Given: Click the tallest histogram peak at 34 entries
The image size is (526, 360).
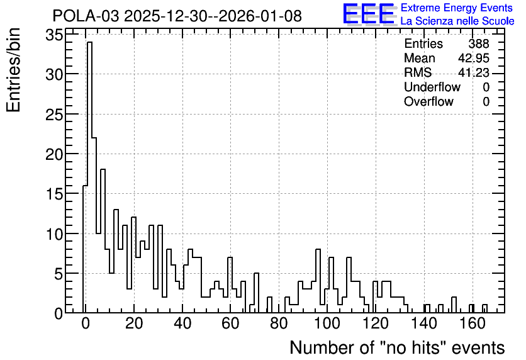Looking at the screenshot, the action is click(89, 42).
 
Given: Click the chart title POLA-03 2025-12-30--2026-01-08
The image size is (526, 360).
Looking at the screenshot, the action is click(177, 16).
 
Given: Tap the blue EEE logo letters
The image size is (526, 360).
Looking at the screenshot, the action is click(369, 14).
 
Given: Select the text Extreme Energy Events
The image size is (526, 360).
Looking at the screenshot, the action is click(457, 8).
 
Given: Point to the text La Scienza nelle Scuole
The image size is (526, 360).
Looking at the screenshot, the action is click(457, 21).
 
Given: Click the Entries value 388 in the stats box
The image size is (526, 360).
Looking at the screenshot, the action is click(479, 43).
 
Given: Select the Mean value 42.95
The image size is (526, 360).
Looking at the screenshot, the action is click(474, 58).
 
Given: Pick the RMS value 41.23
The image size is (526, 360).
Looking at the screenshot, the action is click(474, 72).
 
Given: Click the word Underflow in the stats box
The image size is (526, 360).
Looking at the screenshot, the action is click(432, 87).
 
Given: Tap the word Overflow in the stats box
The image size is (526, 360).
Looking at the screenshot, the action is click(428, 101).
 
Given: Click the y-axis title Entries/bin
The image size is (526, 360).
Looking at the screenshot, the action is click(14, 70).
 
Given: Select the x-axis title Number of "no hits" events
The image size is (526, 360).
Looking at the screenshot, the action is click(397, 347).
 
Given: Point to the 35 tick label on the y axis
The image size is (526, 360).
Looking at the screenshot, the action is click(54, 35).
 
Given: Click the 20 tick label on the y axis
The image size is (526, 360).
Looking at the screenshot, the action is click(54, 154).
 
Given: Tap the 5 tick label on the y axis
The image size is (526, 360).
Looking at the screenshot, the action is click(59, 274).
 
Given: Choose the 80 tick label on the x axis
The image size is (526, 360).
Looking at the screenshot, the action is click(279, 323).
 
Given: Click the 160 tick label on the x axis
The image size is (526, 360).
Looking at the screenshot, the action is click(473, 323).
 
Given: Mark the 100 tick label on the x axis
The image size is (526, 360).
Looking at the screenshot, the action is click(327, 323).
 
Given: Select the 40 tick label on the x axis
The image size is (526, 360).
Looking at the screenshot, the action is click(182, 323).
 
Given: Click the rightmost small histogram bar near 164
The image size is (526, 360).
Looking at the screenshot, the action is click(484, 308).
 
